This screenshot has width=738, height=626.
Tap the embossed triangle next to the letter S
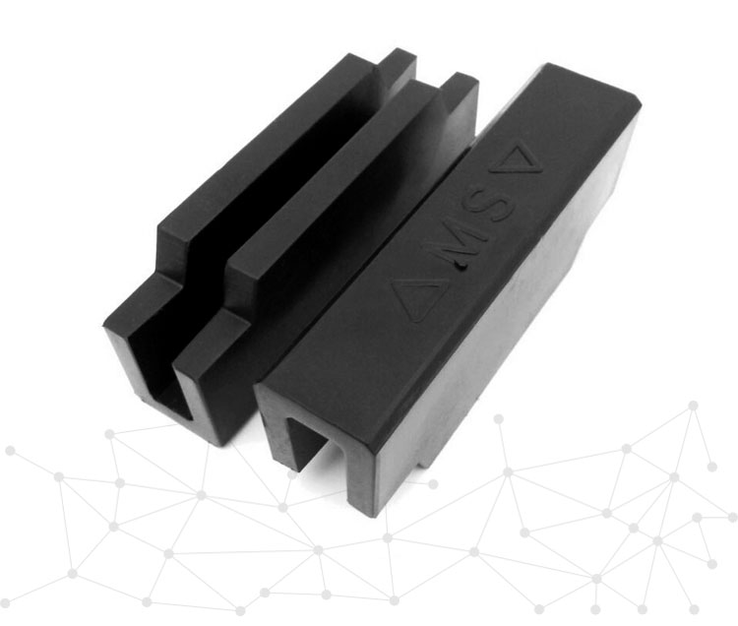click(517, 161)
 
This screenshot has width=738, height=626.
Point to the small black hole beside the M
click(464, 268)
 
